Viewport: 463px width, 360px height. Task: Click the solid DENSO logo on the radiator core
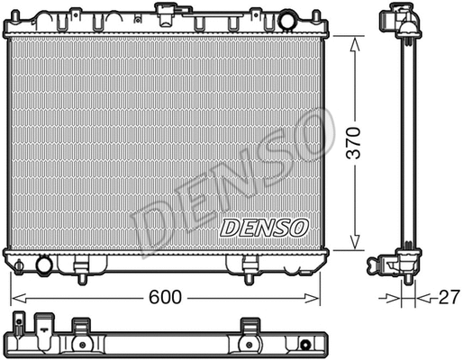coord(264,228)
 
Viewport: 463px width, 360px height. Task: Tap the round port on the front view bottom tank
coord(43,265)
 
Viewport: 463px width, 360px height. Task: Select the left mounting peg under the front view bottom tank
coord(81,266)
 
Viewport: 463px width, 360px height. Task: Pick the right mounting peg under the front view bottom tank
coord(251,266)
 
